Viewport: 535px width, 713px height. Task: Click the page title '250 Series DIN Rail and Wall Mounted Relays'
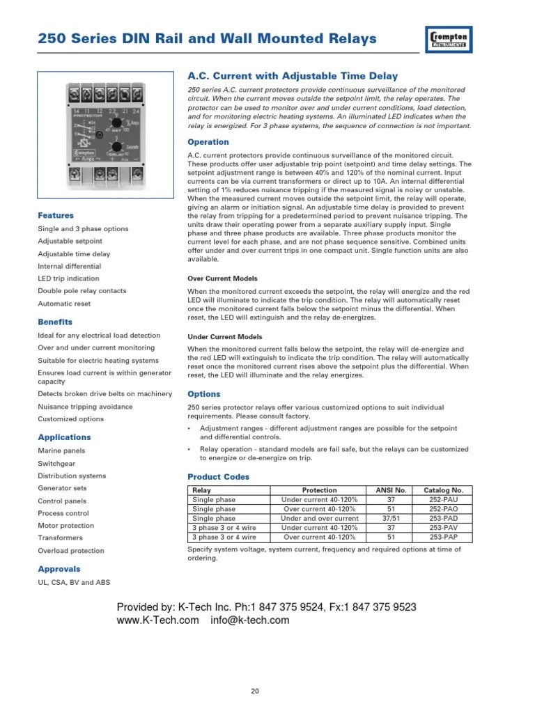coord(207,38)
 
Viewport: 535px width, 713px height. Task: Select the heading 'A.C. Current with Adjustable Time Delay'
coord(293,76)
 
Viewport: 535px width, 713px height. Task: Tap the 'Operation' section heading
coord(208,142)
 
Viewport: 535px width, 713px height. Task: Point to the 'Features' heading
coord(56,216)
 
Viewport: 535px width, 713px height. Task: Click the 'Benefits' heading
coord(55,322)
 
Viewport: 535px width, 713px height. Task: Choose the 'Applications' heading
coord(64,437)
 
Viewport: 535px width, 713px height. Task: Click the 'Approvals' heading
coord(59,569)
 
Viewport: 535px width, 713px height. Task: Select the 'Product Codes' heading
coord(219,477)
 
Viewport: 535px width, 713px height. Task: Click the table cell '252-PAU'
coord(443,500)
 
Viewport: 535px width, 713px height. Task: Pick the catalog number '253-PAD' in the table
coord(443,519)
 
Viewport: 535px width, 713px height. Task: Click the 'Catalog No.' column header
coord(443,490)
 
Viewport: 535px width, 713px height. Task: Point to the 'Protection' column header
coord(319,490)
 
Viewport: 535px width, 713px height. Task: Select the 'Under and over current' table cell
coord(319,519)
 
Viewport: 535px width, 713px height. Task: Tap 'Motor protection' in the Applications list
coord(65,526)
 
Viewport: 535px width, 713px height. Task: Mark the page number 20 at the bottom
coord(255,691)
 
